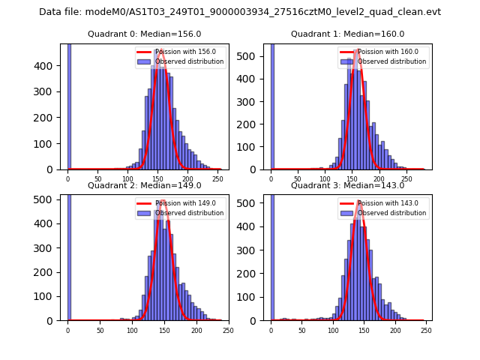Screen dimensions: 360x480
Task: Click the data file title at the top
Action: [240, 12]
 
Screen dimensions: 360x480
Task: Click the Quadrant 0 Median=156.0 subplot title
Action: [145, 34]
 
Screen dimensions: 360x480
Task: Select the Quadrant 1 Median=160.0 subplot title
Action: [347, 34]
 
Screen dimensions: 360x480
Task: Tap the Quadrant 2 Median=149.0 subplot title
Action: [145, 185]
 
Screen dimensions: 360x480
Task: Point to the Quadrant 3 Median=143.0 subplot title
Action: [347, 185]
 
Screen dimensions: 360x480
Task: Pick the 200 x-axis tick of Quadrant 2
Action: [196, 330]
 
